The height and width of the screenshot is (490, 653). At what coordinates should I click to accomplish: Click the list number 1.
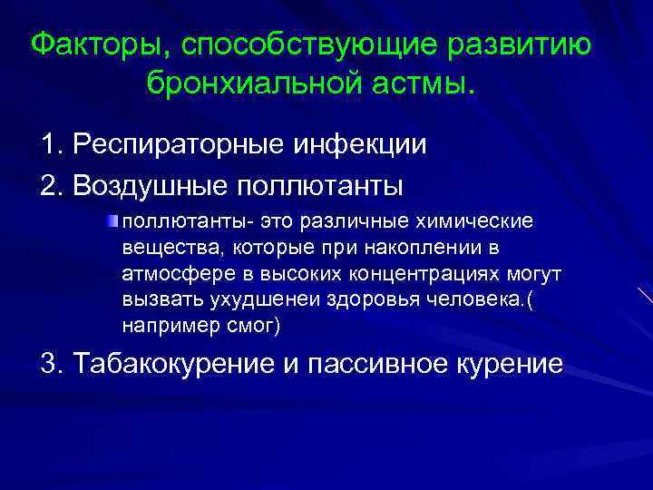pos(49,145)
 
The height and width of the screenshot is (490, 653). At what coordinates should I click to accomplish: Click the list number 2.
pos(49,185)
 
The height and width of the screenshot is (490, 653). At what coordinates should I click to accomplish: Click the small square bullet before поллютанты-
pos(114,220)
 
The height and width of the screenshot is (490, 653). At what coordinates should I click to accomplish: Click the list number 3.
pos(49,363)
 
